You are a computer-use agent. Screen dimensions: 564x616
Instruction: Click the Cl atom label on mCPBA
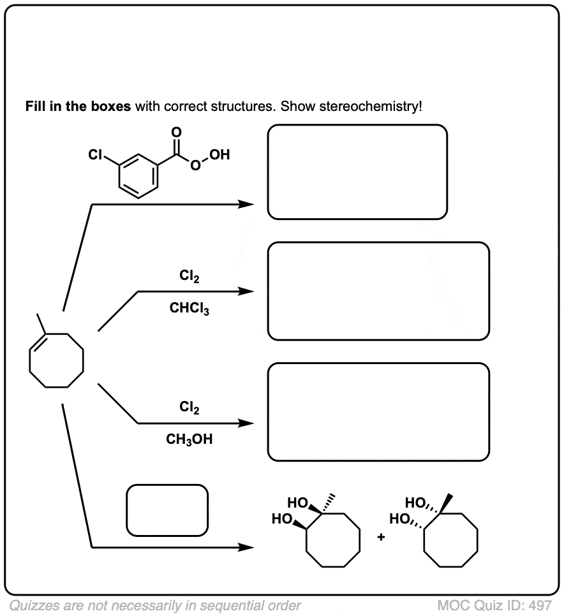point(95,155)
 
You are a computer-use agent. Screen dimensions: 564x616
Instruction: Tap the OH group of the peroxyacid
point(219,154)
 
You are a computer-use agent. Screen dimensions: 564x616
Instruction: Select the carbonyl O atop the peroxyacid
point(177,133)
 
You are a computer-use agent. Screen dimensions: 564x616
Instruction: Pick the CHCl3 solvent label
point(189,308)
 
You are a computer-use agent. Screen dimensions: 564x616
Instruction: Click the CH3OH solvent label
point(189,439)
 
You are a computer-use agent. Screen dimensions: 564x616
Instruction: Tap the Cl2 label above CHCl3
point(189,275)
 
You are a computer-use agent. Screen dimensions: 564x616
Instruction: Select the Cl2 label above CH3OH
point(189,407)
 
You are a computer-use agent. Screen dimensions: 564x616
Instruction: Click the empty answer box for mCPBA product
point(357,126)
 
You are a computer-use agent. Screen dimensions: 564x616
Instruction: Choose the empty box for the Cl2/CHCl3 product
point(378,243)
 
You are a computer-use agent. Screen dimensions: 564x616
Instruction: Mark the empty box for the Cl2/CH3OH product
point(378,363)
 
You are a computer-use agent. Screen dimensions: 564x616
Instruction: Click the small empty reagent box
point(167,485)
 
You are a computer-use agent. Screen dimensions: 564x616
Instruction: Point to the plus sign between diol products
point(380,537)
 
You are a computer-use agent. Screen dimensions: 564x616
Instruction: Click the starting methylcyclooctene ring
point(30,361)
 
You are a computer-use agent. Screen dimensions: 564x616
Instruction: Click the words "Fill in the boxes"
point(78,106)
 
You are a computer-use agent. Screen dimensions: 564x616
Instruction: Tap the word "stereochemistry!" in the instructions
point(371,106)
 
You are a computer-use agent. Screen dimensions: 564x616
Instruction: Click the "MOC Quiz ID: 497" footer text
point(494,605)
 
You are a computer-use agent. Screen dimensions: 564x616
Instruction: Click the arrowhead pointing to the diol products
point(246,547)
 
